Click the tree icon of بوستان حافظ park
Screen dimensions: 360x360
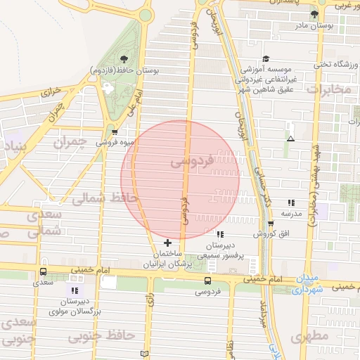click(x=124, y=59)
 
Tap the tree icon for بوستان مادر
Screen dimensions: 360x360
click(x=314, y=13)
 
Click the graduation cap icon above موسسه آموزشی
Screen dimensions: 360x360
click(x=266, y=59)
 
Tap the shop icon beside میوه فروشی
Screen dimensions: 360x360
click(x=115, y=131)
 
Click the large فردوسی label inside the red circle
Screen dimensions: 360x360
click(x=191, y=162)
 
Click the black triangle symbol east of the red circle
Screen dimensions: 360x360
click(x=290, y=138)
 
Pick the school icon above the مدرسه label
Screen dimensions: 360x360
click(x=291, y=202)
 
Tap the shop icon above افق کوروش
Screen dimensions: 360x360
click(x=271, y=224)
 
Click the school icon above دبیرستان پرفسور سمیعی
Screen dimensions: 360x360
click(x=220, y=234)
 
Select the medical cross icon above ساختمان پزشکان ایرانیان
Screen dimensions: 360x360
click(x=167, y=243)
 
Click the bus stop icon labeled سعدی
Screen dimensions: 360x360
click(x=44, y=271)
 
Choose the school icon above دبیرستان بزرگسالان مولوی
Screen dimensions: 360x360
click(x=75, y=290)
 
